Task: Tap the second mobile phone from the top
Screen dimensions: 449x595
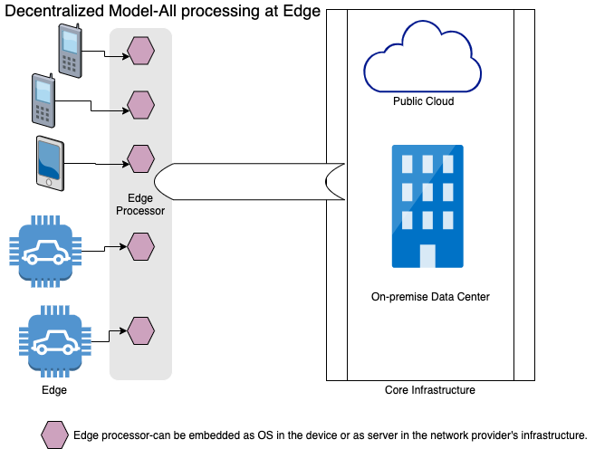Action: pyautogui.click(x=44, y=100)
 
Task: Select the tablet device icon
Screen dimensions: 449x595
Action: pyautogui.click(x=51, y=163)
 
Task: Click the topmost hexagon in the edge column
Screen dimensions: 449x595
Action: pyautogui.click(x=140, y=51)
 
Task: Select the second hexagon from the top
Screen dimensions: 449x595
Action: pyautogui.click(x=140, y=105)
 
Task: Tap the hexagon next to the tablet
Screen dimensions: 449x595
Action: pyautogui.click(x=140, y=159)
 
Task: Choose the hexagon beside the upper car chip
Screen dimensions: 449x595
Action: pyautogui.click(x=140, y=245)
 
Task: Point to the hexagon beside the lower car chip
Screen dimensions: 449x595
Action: pyautogui.click(x=140, y=330)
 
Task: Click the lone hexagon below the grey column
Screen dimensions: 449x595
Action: pyautogui.click(x=55, y=435)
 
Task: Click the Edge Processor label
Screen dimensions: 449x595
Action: pyautogui.click(x=139, y=204)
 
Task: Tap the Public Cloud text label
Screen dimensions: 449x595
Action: pyautogui.click(x=423, y=101)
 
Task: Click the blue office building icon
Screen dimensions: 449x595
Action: pyautogui.click(x=427, y=206)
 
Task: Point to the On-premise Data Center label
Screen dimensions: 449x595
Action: pyautogui.click(x=430, y=296)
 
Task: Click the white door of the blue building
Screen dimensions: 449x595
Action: pyautogui.click(x=427, y=255)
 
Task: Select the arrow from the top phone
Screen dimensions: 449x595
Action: pyautogui.click(x=118, y=56)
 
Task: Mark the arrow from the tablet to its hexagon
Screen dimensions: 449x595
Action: pyautogui.click(x=118, y=164)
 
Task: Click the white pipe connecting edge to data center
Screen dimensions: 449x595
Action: pyautogui.click(x=249, y=181)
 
